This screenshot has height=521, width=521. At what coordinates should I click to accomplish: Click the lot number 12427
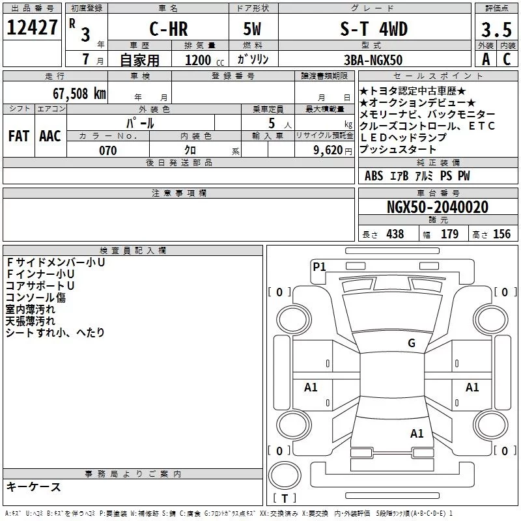click(x=32, y=27)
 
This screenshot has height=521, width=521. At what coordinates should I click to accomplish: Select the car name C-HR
click(x=169, y=29)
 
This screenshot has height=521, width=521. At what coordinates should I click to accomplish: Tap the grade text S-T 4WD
click(x=374, y=29)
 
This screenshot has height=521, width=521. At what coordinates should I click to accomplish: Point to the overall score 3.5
click(x=496, y=30)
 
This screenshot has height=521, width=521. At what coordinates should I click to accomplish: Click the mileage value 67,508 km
click(x=79, y=94)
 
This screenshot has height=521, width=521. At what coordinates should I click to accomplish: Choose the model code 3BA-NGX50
click(x=373, y=60)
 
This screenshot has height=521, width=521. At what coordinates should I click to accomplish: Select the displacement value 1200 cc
click(x=204, y=60)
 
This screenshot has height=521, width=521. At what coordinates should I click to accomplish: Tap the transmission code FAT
click(x=19, y=136)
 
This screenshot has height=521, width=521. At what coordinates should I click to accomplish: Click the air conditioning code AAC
click(x=50, y=136)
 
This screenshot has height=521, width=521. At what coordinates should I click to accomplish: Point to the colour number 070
click(x=108, y=150)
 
